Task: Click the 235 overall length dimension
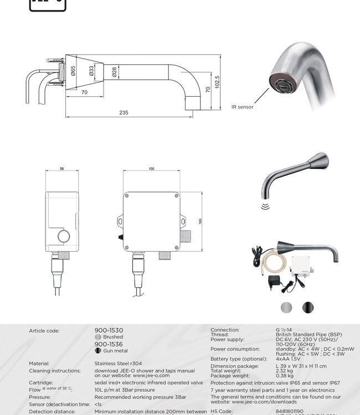click(124, 112)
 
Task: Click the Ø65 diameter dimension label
click(73, 71)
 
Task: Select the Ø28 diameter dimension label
click(114, 71)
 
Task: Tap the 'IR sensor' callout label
click(242, 107)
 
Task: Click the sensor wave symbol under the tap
click(265, 206)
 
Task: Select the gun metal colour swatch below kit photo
click(307, 307)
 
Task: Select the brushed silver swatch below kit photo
click(286, 307)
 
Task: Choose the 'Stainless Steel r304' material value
click(118, 364)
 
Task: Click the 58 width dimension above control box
click(62, 169)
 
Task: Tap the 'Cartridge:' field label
click(41, 382)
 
